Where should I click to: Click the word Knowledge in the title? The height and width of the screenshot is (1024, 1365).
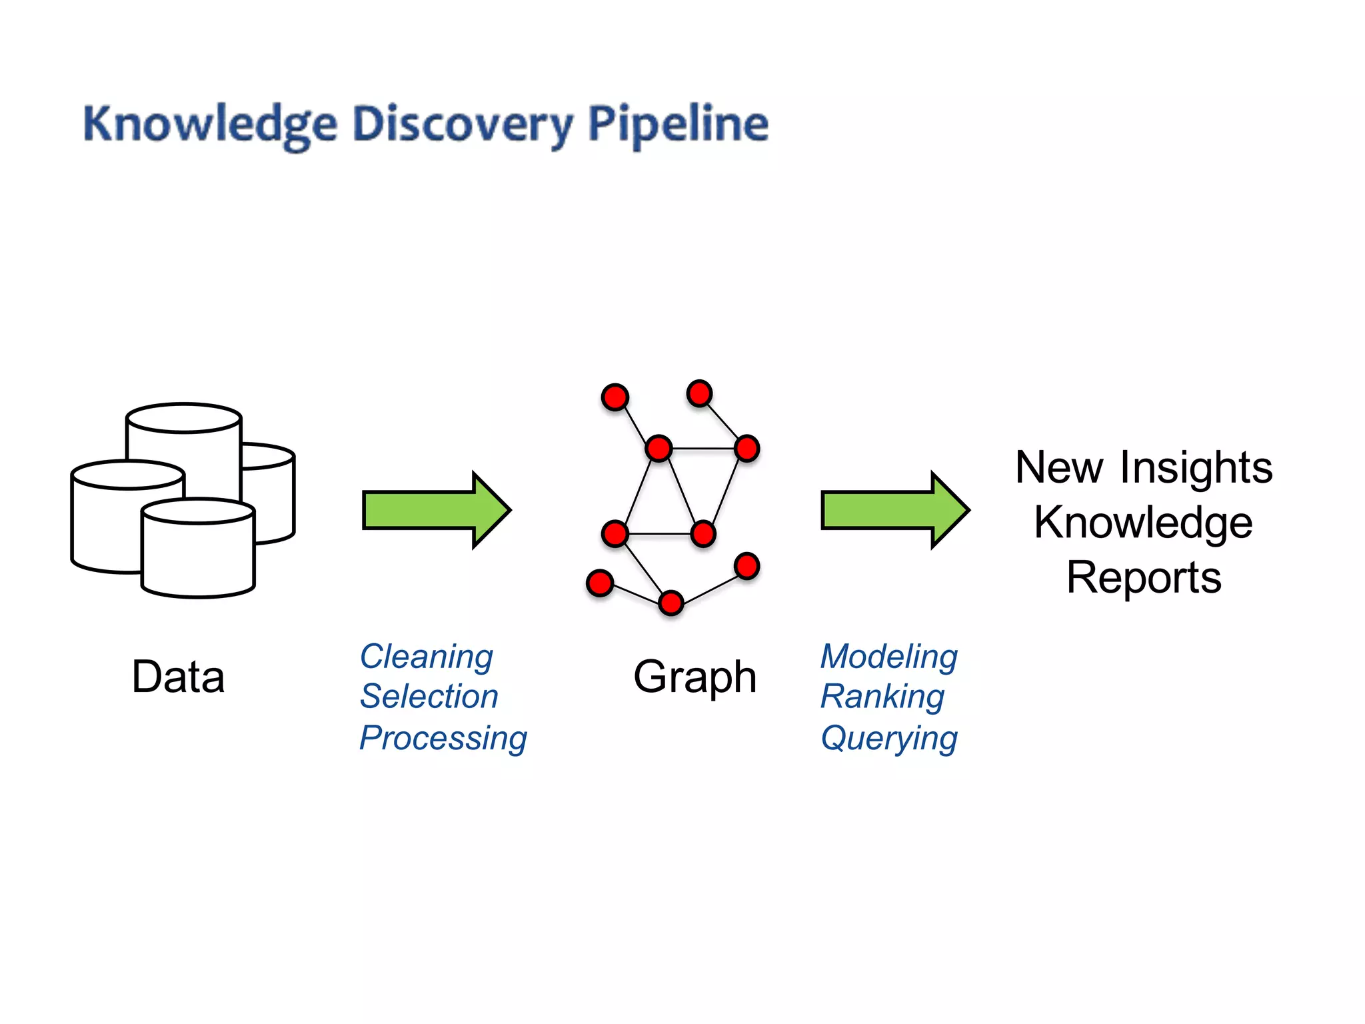209,125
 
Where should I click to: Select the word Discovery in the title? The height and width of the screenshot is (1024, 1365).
462,125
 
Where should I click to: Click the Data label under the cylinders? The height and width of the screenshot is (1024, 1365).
178,677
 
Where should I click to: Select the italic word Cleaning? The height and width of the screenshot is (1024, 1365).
427,657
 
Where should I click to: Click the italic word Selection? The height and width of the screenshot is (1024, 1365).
429,697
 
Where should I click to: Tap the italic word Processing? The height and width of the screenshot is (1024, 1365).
443,738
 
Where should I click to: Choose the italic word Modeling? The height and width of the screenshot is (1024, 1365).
889,657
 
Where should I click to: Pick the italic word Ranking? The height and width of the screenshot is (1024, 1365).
882,697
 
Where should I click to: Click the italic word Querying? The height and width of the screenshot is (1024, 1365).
889,738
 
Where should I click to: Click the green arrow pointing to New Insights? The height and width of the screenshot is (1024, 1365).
893,511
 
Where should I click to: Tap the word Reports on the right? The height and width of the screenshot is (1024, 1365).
1144,577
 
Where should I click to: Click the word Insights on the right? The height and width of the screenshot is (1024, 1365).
1196,467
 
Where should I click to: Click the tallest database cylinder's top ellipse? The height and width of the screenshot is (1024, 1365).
183,418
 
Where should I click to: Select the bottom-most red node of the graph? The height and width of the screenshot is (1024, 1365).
671,603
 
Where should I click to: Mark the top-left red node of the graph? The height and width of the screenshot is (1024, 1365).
615,397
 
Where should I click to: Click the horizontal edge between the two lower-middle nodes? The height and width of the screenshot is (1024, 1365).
659,533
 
